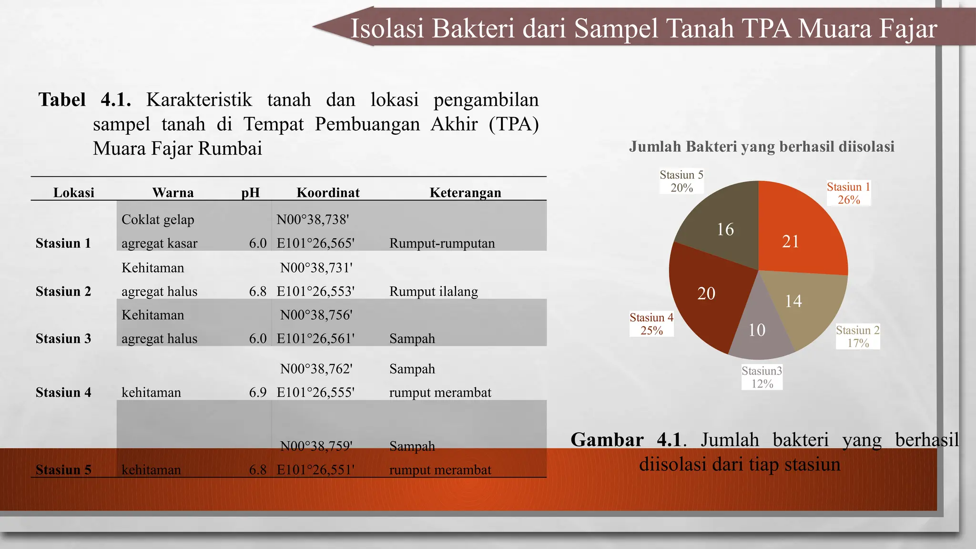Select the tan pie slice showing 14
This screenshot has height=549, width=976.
pos(801,305)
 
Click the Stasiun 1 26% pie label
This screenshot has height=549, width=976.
pos(848,193)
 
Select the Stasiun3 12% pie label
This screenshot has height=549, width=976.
pos(762,377)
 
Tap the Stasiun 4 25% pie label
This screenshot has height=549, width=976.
pos(651,324)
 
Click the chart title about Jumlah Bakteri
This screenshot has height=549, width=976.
pos(761,146)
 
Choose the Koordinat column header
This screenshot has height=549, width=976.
pos(328,193)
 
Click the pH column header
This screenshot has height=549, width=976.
pos(250,193)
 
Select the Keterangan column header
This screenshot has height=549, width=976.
pos(465,193)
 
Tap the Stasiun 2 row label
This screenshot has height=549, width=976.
pos(63,291)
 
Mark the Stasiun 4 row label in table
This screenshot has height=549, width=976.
pos(63,392)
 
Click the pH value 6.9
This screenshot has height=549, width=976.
pos(257,392)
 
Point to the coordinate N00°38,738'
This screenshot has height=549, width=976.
pos(313,219)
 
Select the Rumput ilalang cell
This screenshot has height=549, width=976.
pos(433,291)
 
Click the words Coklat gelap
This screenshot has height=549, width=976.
pos(158,219)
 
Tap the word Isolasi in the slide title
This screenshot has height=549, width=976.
pos(387,28)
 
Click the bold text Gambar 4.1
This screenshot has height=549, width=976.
pos(626,439)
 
